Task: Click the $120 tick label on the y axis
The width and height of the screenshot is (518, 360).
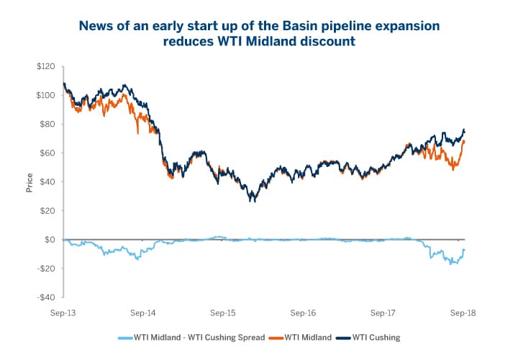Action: pyautogui.click(x=45, y=66)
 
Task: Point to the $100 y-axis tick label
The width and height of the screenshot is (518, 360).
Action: pyautogui.click(x=45, y=95)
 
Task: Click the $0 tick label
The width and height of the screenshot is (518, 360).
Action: pyautogui.click(x=50, y=239)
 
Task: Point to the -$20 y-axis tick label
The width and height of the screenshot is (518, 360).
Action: pyautogui.click(x=46, y=268)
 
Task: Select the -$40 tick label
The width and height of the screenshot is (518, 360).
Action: pyautogui.click(x=46, y=297)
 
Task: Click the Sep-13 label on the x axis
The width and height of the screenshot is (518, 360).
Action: pyautogui.click(x=64, y=313)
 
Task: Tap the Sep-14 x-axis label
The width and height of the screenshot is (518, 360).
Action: pyautogui.click(x=144, y=313)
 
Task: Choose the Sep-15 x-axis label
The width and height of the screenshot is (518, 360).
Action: pyautogui.click(x=224, y=313)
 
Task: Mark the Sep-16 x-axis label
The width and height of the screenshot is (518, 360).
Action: pyautogui.click(x=304, y=313)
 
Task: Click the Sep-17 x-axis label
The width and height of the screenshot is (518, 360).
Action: pyautogui.click(x=383, y=313)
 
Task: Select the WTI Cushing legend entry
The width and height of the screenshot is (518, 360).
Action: pyautogui.click(x=372, y=336)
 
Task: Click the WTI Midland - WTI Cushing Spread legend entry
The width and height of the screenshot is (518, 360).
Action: pyautogui.click(x=194, y=336)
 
